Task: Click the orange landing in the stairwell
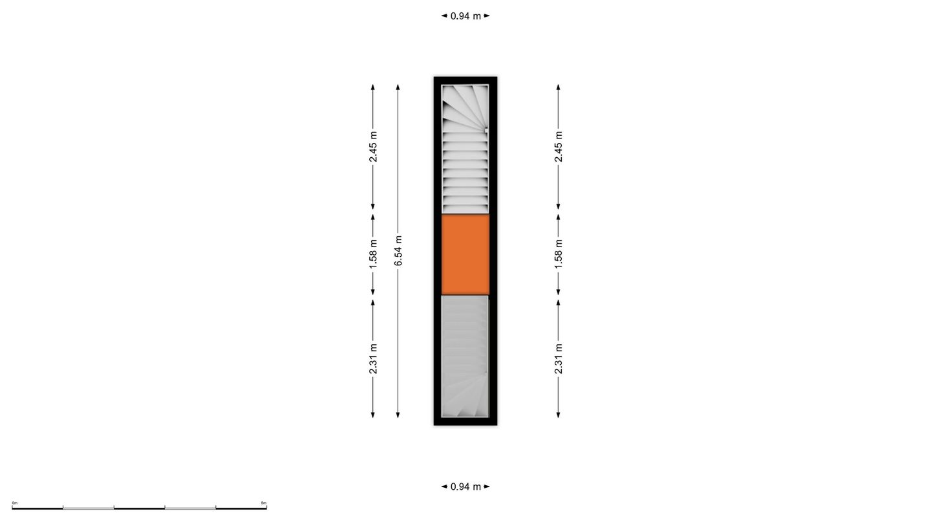point(465,254)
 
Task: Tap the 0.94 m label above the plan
point(465,16)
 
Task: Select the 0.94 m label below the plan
point(465,486)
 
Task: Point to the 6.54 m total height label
point(398,250)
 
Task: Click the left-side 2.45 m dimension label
point(373,147)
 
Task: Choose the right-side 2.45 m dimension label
point(559,147)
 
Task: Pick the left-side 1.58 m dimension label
point(373,254)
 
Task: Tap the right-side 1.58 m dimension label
point(559,254)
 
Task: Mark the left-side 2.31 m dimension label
point(373,359)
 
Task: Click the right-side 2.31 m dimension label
point(559,359)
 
